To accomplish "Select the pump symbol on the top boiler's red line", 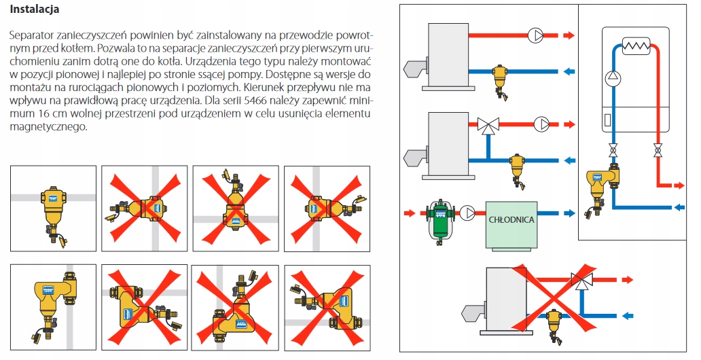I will tap(535, 35).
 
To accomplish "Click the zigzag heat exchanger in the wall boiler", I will tap(636, 46).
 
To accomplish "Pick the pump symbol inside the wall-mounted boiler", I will tap(613, 76).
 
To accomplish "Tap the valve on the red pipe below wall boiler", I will tap(657, 149).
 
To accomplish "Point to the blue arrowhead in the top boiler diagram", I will tap(569, 71).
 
